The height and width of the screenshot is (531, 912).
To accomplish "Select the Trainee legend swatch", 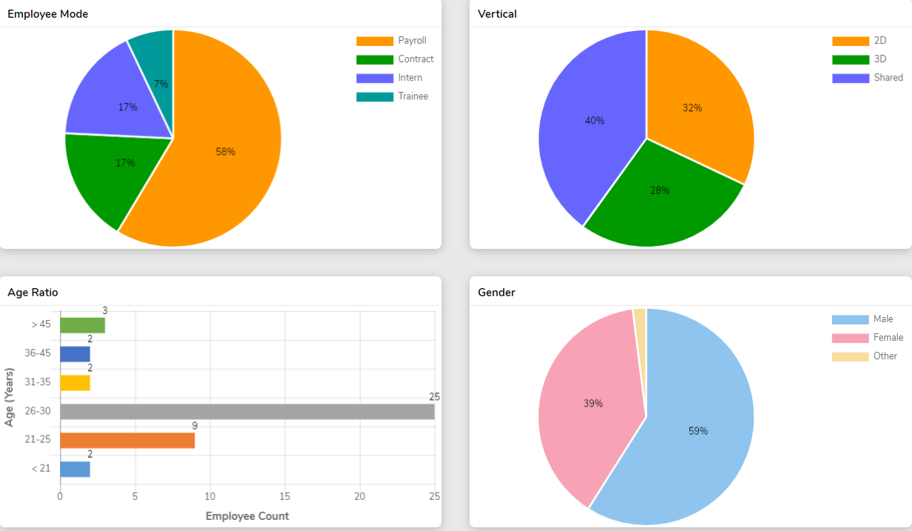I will pos(374,96).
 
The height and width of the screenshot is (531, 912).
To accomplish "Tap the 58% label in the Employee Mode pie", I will pos(226,152).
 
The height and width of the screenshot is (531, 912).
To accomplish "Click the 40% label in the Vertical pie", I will pos(595,120).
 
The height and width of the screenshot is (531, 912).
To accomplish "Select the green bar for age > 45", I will pos(82,325).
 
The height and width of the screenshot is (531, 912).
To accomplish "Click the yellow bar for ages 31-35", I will pos(75,383).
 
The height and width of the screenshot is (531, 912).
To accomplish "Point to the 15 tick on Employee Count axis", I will pos(286,496).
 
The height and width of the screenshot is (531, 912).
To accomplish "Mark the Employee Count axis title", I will pos(247,515).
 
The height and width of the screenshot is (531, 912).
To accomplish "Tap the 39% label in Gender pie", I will pos(593,404).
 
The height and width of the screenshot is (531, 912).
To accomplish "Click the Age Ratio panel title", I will pos(33,293).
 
